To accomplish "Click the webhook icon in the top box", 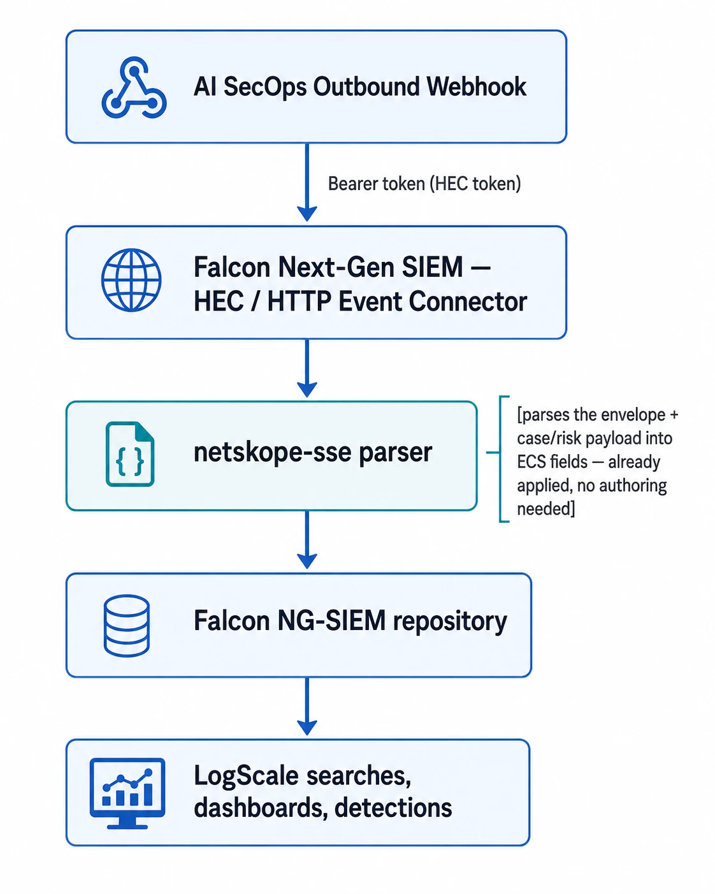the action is [x=134, y=87].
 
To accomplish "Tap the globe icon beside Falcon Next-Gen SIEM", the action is [x=131, y=280].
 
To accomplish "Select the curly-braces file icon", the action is [x=130, y=454].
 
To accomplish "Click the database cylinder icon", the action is [x=127, y=626].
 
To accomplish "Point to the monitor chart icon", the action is [x=127, y=793].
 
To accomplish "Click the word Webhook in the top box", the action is [x=476, y=87].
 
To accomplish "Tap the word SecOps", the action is [x=265, y=87].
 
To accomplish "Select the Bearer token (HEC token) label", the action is [x=424, y=184].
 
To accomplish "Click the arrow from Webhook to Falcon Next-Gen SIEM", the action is [x=307, y=182].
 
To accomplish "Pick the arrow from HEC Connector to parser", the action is [x=307, y=368].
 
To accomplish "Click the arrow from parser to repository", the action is [x=307, y=539].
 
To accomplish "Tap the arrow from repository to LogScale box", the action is [x=307, y=707].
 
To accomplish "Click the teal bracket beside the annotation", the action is [x=500, y=459].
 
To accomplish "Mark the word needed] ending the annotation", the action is [x=546, y=508].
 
